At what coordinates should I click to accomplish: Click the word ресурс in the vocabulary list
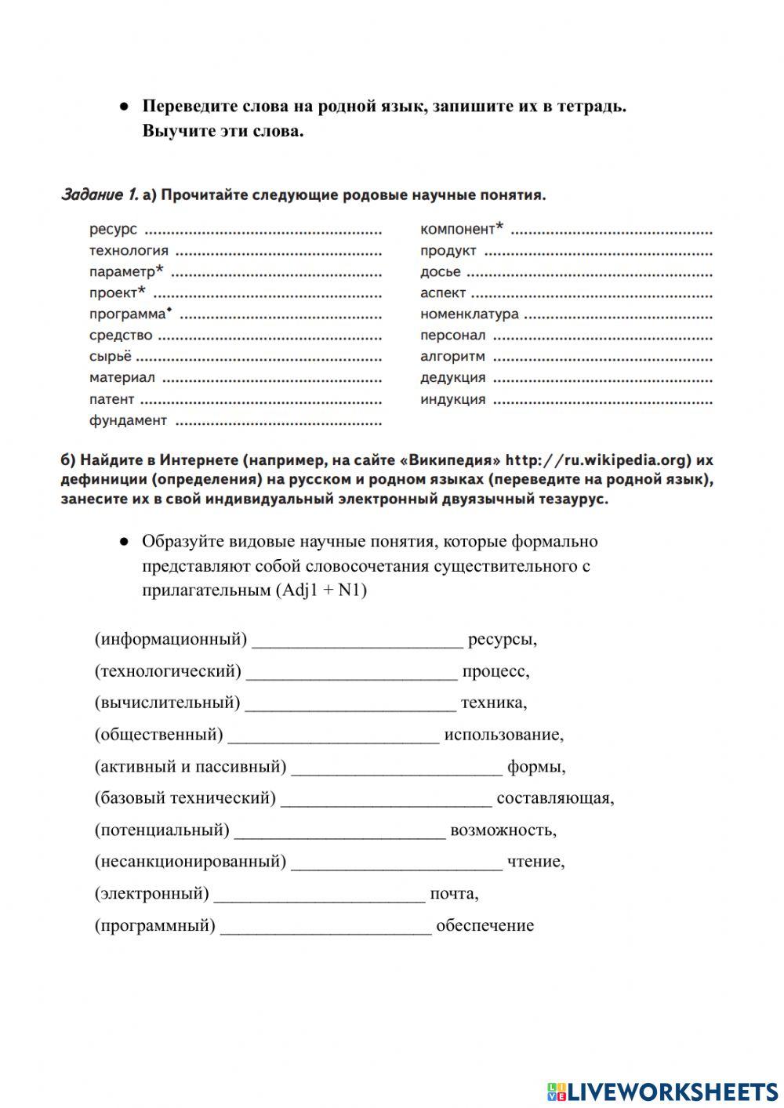pyautogui.click(x=113, y=229)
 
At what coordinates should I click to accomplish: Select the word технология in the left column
pyautogui.click(x=129, y=250)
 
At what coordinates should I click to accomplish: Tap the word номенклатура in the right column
pyautogui.click(x=469, y=314)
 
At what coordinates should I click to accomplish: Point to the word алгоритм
pyautogui.click(x=452, y=356)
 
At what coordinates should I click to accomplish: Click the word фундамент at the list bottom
pyautogui.click(x=128, y=420)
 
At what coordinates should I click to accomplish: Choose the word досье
pyautogui.click(x=440, y=272)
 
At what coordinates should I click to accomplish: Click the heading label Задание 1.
pyautogui.click(x=100, y=194)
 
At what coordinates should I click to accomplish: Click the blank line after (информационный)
pyautogui.click(x=358, y=641)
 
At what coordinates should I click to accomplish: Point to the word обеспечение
pyautogui.click(x=485, y=925)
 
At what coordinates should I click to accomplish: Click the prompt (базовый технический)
pyautogui.click(x=185, y=798)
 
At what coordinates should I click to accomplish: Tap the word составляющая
pyautogui.click(x=555, y=798)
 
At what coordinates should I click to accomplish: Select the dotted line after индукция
pyautogui.click(x=602, y=400)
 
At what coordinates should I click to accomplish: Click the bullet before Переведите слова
pyautogui.click(x=123, y=107)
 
